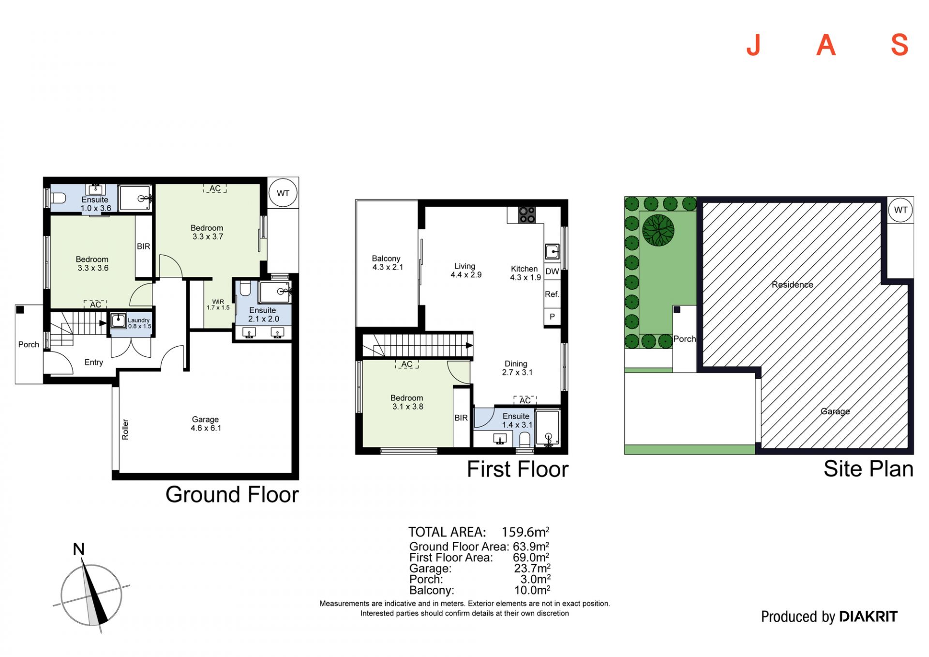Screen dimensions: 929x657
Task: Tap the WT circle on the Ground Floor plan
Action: pyautogui.click(x=283, y=193)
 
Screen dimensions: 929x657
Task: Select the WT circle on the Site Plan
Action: pyautogui.click(x=900, y=210)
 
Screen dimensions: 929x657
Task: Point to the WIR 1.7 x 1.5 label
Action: pyautogui.click(x=218, y=305)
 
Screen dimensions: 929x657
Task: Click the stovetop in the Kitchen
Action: pyautogui.click(x=527, y=215)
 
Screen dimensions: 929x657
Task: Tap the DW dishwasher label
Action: pyautogui.click(x=552, y=272)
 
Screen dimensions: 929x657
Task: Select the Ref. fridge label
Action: pyautogui.click(x=552, y=294)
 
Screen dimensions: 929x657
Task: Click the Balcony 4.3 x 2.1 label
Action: pyautogui.click(x=387, y=263)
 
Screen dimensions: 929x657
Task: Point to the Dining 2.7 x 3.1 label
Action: pyautogui.click(x=517, y=368)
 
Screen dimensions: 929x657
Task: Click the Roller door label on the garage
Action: pyautogui.click(x=125, y=429)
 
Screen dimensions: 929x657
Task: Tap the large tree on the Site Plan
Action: pyautogui.click(x=658, y=230)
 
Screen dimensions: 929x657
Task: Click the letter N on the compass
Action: pyautogui.click(x=79, y=549)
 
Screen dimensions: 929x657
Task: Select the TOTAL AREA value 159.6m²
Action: pyautogui.click(x=525, y=532)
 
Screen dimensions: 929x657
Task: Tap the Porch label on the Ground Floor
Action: pyautogui.click(x=29, y=345)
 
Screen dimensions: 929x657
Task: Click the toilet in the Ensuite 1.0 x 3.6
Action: pyautogui.click(x=58, y=198)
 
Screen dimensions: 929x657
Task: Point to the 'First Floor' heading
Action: pyautogui.click(x=518, y=469)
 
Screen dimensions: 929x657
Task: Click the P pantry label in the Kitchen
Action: pyautogui.click(x=552, y=317)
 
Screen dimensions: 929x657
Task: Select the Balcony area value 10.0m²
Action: pyautogui.click(x=532, y=590)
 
